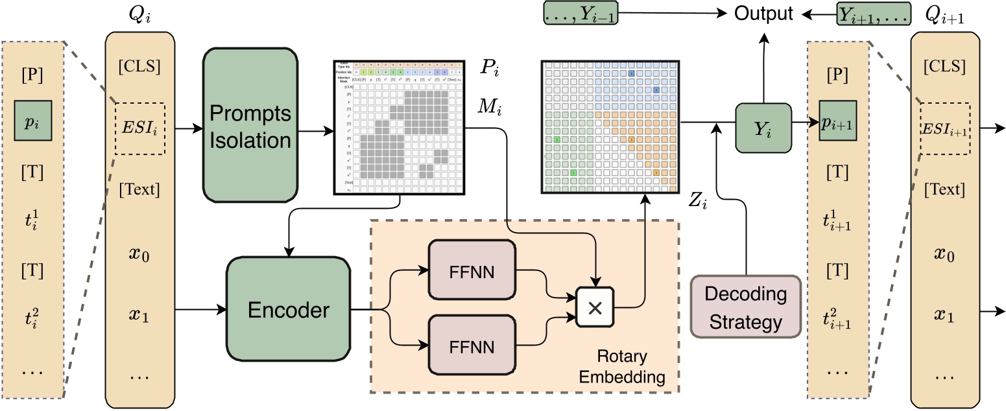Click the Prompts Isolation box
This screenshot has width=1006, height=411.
pos(250,124)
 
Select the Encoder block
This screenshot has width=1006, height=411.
pos(287,311)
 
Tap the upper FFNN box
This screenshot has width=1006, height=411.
pos(472,270)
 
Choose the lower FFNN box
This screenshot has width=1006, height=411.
pos(472,346)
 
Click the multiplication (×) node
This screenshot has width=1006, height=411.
pos(594,307)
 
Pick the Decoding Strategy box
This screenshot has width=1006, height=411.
pos(745,307)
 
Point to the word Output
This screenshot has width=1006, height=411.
pos(763,14)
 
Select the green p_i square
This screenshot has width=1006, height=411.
pos(32,121)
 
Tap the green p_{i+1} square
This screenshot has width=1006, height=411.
pos(837,121)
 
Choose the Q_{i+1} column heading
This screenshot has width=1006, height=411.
pos(944,19)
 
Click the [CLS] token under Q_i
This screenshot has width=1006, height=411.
pos(140,66)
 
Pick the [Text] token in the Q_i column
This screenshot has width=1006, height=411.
pos(140,190)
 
